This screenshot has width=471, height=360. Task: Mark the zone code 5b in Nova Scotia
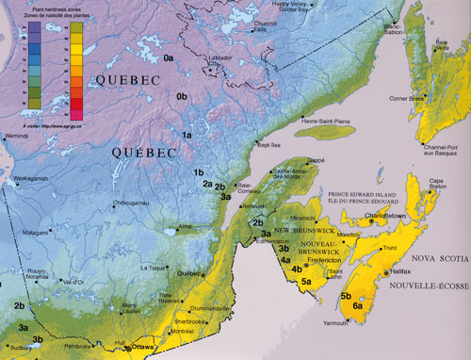tap(346, 295)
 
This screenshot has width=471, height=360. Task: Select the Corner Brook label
tap(411, 98)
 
